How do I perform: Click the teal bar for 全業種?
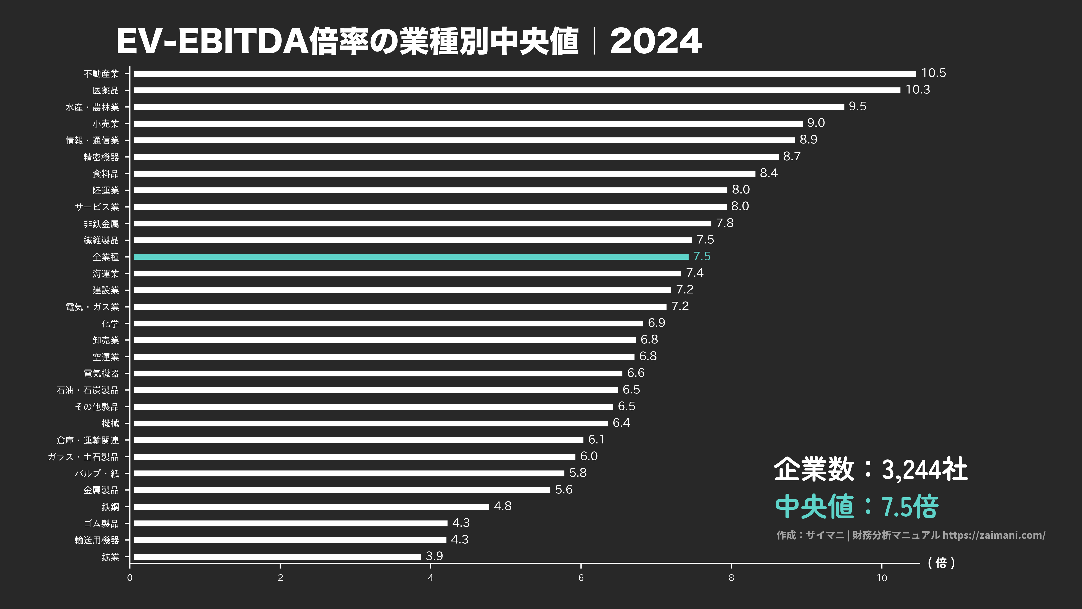coord(411,257)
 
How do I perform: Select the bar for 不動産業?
coord(524,74)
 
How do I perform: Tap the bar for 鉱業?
coord(277,556)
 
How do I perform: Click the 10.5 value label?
coord(933,73)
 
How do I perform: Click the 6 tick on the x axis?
coord(581,578)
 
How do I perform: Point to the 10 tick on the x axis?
coord(882,578)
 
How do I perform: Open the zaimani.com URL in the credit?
coord(994,535)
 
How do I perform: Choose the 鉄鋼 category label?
coord(110,507)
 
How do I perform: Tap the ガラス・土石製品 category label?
coord(83,457)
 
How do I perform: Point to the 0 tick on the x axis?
coord(130,578)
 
